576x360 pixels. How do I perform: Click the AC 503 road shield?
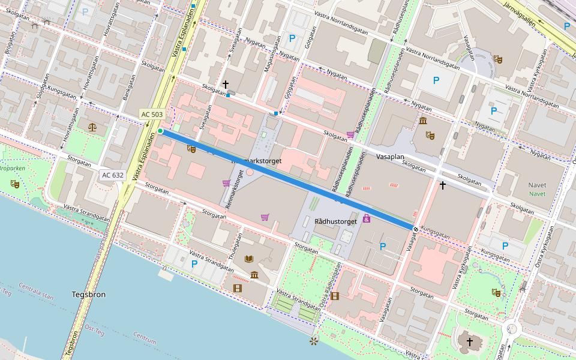tap(152, 114)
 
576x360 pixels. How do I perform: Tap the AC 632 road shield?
tap(113, 175)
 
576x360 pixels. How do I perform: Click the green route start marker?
tap(161, 131)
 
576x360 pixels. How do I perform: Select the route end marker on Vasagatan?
tap(415, 229)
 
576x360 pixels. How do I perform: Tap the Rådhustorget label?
tap(335, 221)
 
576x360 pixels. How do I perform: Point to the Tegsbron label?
tap(88, 295)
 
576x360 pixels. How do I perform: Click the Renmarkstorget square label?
tap(256, 161)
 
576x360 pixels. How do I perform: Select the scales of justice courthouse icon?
tap(92, 127)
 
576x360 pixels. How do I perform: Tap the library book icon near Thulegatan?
tap(249, 259)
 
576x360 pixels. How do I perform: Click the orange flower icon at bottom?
tap(313, 342)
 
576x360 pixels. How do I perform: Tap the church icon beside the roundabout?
tap(469, 342)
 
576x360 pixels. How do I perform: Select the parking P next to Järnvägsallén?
tap(566, 26)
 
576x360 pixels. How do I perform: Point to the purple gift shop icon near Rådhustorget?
tap(366, 219)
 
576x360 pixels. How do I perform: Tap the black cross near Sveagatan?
tap(226, 85)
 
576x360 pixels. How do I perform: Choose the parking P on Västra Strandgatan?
tap(194, 263)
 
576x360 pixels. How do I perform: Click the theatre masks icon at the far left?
tap(15, 184)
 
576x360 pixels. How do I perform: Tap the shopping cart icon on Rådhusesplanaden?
tap(350, 134)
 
